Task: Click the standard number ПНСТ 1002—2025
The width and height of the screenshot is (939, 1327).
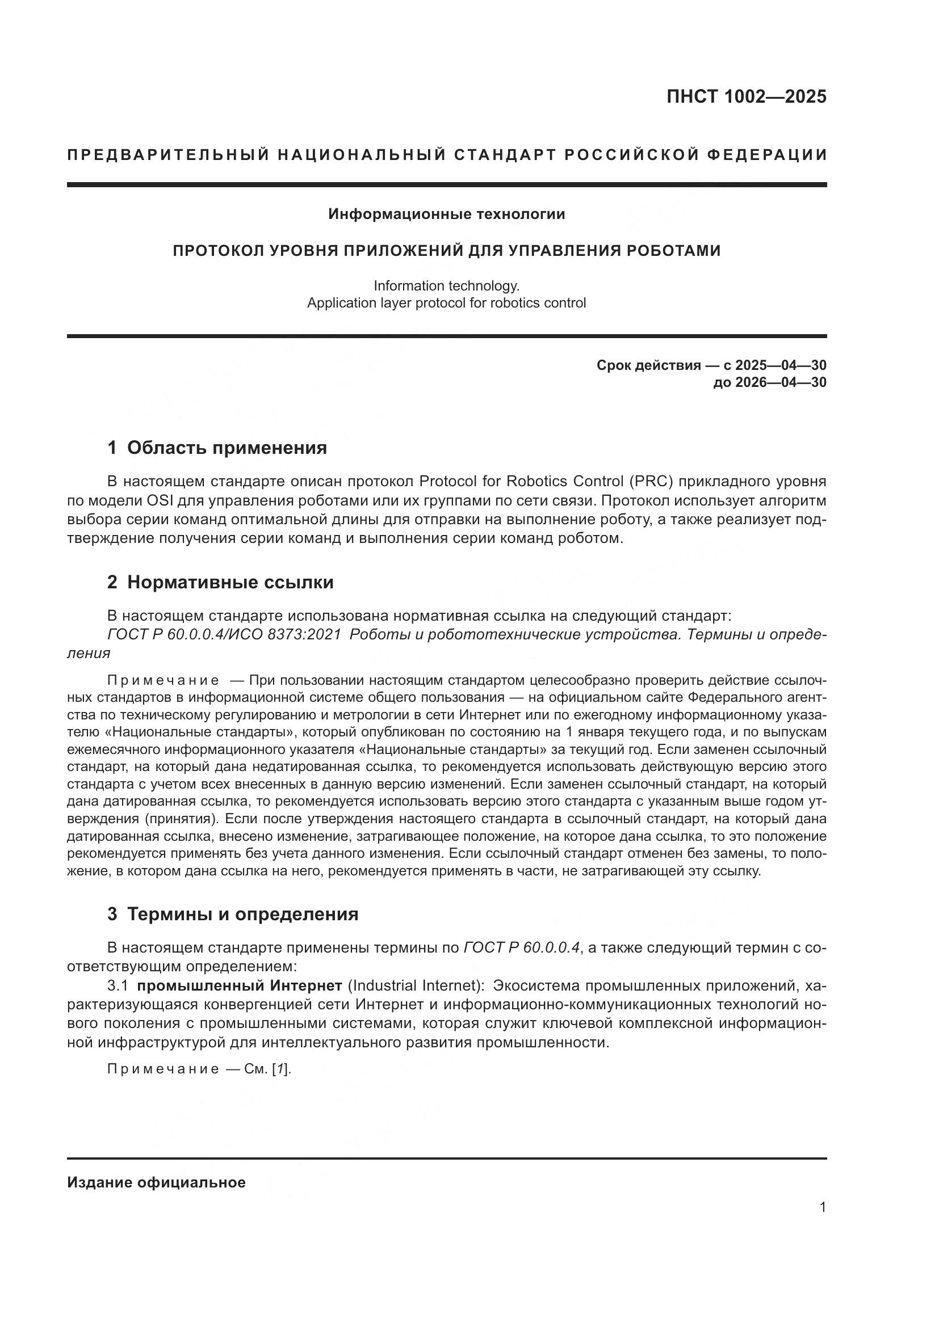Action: click(x=746, y=96)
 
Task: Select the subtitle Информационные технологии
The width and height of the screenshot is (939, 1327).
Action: click(x=446, y=214)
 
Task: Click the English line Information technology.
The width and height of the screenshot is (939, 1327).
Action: click(x=446, y=285)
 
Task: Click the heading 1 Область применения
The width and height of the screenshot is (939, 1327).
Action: click(x=217, y=448)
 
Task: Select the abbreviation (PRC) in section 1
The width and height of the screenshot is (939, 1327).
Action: click(x=653, y=482)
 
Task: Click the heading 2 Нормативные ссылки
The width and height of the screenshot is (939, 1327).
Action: click(x=220, y=583)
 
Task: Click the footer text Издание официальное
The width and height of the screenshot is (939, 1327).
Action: click(x=156, y=1182)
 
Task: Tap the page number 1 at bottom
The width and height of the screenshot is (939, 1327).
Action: click(x=823, y=1207)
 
